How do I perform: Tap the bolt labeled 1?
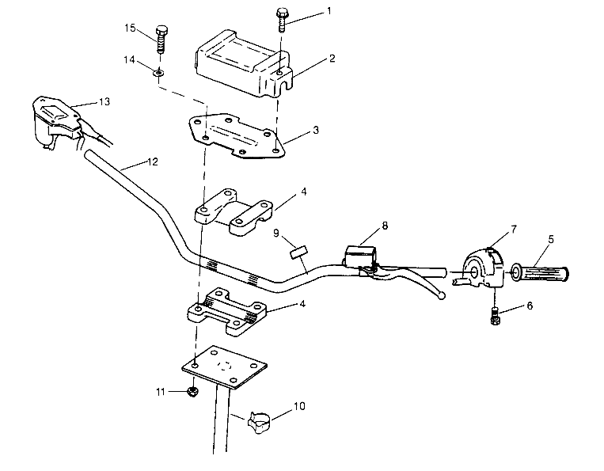coord(283,18)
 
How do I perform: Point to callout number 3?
coord(316,128)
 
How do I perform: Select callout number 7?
coord(514,230)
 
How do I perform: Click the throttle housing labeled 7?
coord(481,267)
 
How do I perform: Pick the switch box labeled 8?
coord(358,256)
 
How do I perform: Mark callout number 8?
coord(384,226)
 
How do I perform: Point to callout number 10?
coord(299,408)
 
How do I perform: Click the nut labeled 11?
coord(192,391)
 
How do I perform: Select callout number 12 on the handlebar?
coord(153,161)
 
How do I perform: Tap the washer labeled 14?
coord(159,74)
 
